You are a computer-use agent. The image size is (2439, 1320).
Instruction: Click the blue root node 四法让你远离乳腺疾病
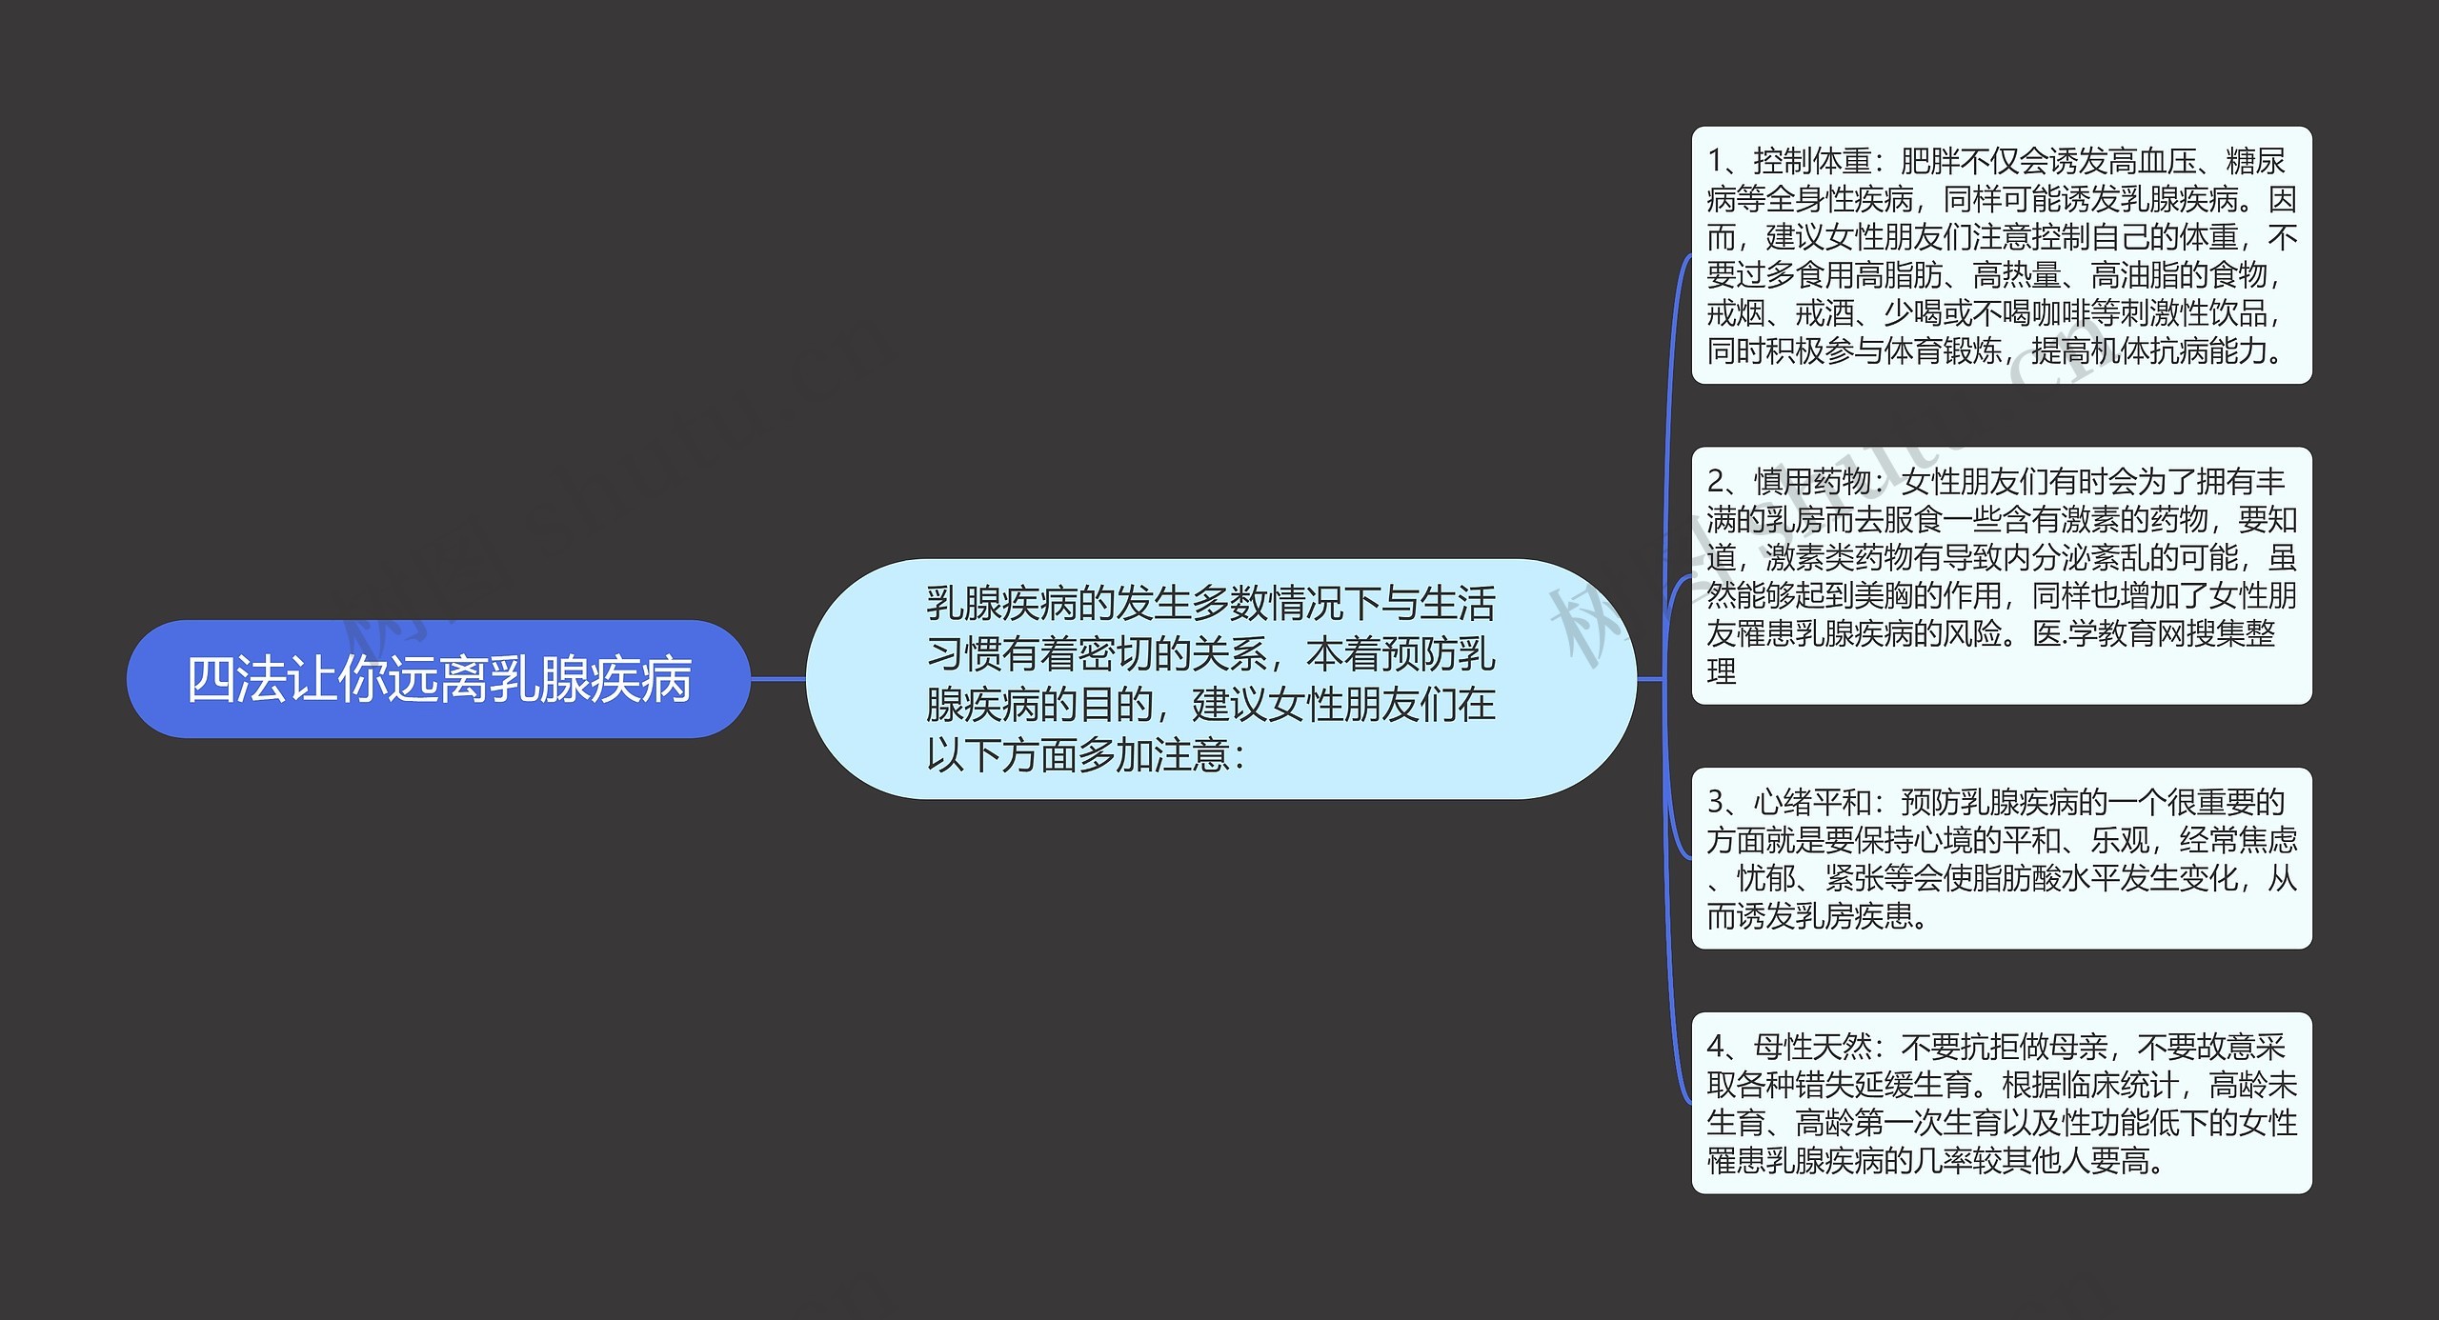click(438, 679)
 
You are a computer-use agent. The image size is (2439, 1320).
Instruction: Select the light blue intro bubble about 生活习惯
click(1219, 679)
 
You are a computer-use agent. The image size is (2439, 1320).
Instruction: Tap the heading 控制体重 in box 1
click(1812, 162)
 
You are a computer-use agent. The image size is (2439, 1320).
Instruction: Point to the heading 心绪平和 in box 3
click(1812, 803)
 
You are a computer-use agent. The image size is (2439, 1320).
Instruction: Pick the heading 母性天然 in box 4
click(1812, 1048)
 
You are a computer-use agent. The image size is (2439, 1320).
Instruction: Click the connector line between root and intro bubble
click(777, 679)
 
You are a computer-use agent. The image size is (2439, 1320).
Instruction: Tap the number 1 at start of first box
click(1715, 162)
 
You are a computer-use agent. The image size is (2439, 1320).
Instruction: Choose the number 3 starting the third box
click(1715, 803)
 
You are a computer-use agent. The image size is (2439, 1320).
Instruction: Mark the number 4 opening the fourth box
click(1715, 1048)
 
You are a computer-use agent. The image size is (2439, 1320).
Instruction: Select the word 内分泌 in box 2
click(2136, 558)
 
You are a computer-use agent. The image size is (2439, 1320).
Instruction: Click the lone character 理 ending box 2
click(1722, 671)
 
